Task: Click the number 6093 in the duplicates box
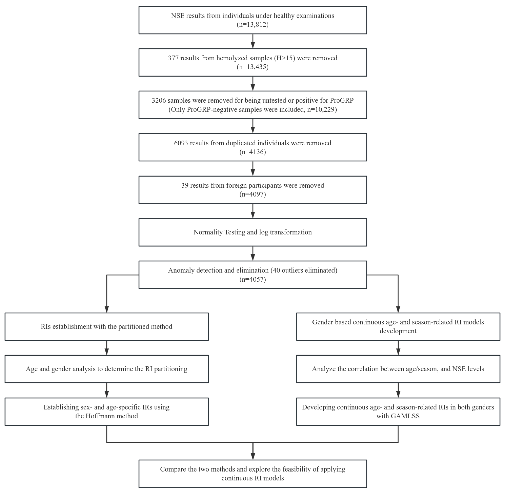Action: pyautogui.click(x=181, y=143)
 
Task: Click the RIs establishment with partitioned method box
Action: pyautogui.click(x=107, y=326)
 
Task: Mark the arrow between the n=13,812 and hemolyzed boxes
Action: pyautogui.click(x=253, y=41)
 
